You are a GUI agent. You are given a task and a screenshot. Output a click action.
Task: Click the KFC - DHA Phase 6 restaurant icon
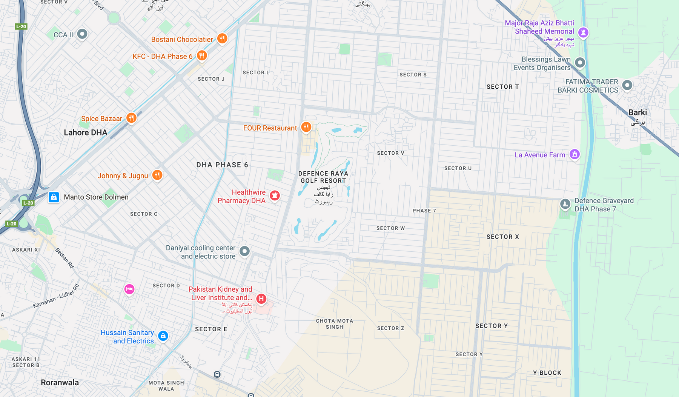(x=202, y=56)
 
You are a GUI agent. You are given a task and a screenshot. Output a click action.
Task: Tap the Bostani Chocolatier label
(x=182, y=40)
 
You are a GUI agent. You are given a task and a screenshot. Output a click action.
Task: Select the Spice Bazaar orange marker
(x=131, y=118)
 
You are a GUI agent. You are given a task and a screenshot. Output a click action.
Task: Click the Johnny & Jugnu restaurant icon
(x=157, y=175)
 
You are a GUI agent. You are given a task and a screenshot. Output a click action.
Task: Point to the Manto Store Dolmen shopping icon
(x=54, y=197)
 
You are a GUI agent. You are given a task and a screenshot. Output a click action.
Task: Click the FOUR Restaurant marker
(x=306, y=127)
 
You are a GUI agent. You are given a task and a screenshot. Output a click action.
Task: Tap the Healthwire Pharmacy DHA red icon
(x=275, y=195)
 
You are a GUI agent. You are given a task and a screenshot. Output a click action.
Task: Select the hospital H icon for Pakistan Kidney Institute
(x=261, y=299)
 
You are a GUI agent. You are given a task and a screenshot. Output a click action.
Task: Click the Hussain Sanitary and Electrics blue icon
(x=163, y=336)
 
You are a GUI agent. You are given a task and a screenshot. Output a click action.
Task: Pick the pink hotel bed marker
(x=129, y=289)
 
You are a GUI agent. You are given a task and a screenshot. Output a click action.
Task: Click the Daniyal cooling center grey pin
(x=244, y=251)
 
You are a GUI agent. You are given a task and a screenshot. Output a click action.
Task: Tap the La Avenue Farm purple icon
(x=575, y=154)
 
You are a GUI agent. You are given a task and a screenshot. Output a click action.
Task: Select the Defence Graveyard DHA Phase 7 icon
(x=565, y=204)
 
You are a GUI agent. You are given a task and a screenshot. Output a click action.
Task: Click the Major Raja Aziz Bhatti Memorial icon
(x=583, y=32)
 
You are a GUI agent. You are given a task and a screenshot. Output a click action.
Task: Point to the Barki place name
(x=638, y=112)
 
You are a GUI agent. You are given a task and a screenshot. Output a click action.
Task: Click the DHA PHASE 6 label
(x=222, y=165)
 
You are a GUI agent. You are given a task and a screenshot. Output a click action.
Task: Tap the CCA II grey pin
(x=82, y=34)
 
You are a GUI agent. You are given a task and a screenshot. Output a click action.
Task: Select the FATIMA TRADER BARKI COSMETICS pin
(x=627, y=85)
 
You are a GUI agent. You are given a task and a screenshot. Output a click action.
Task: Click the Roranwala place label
(x=60, y=383)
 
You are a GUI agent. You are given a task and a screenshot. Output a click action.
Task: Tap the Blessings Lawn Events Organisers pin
(x=580, y=62)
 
